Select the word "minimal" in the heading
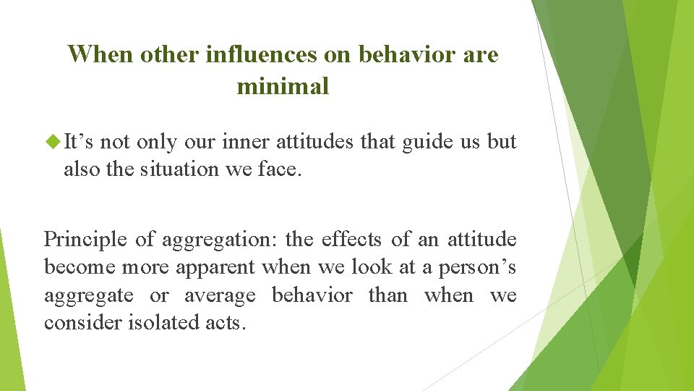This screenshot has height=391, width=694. pos(283,87)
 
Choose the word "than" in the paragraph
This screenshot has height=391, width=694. pos(387,295)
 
